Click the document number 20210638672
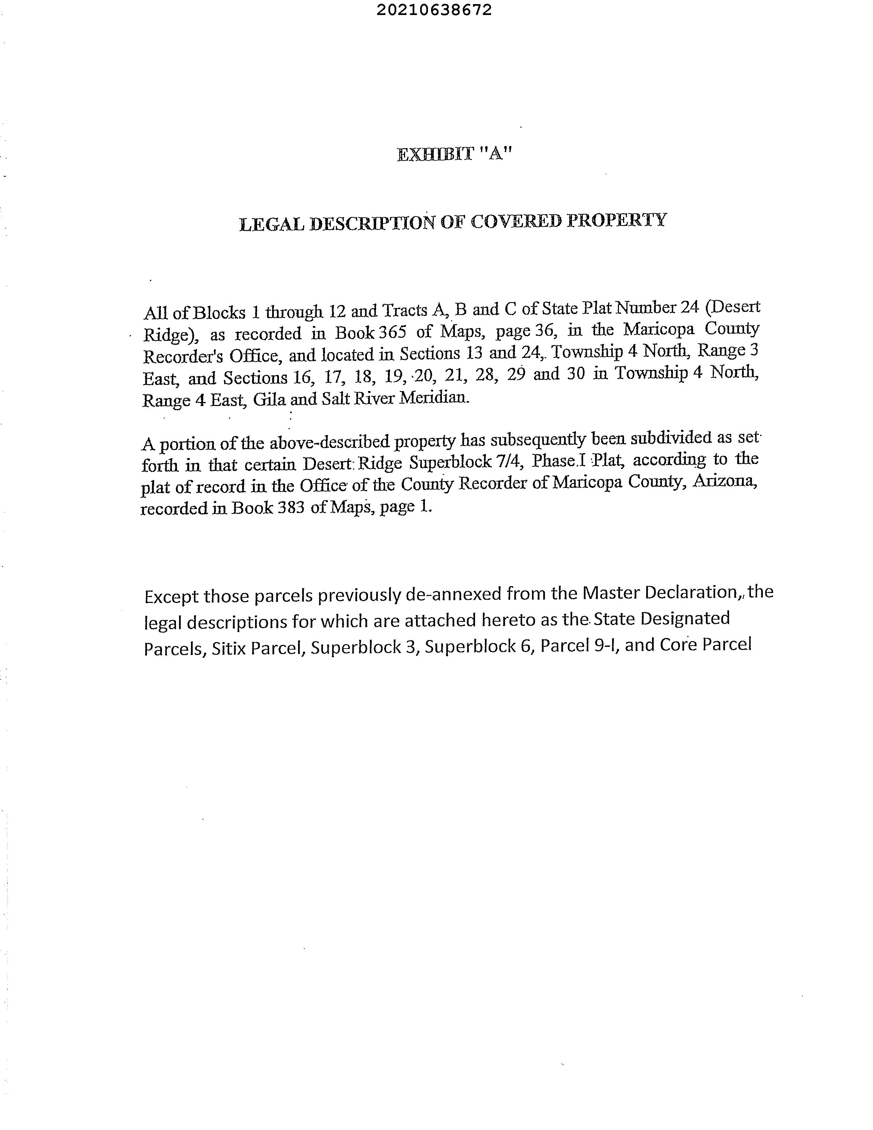[434, 10]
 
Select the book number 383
[291, 508]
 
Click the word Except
[171, 597]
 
